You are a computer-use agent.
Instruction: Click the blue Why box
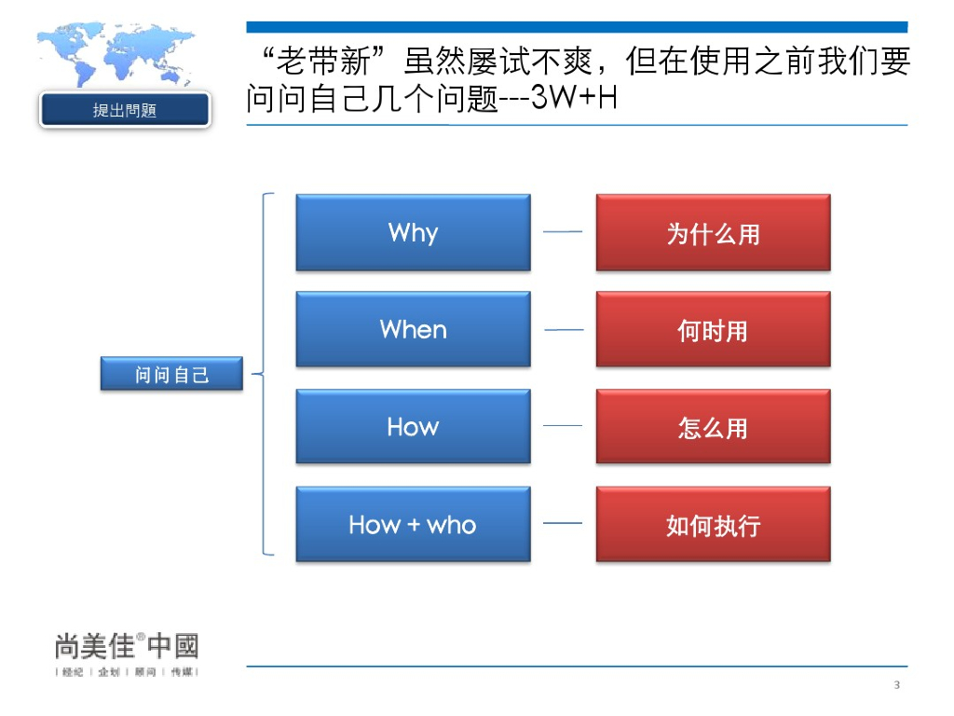[x=413, y=232]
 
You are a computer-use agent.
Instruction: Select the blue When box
[x=413, y=329]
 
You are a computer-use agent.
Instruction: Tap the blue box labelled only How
[x=413, y=427]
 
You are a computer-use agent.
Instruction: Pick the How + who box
[x=413, y=524]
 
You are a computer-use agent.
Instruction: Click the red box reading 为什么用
[x=713, y=232]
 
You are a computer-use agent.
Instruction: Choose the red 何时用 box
[x=713, y=329]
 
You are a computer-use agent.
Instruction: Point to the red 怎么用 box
[x=713, y=427]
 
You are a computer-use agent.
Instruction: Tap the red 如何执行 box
[x=713, y=524]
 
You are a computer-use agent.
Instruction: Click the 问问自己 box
[x=171, y=375]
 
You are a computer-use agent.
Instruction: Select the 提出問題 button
[x=125, y=110]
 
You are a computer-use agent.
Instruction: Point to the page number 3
[x=896, y=687]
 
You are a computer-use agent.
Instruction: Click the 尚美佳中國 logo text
[x=127, y=645]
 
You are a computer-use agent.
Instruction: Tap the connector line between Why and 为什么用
[x=563, y=232]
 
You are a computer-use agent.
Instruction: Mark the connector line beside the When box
[x=563, y=330]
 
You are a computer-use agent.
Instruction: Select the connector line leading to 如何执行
[x=563, y=523]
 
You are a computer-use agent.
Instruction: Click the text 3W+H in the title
[x=573, y=98]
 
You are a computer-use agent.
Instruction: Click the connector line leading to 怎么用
[x=563, y=426]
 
